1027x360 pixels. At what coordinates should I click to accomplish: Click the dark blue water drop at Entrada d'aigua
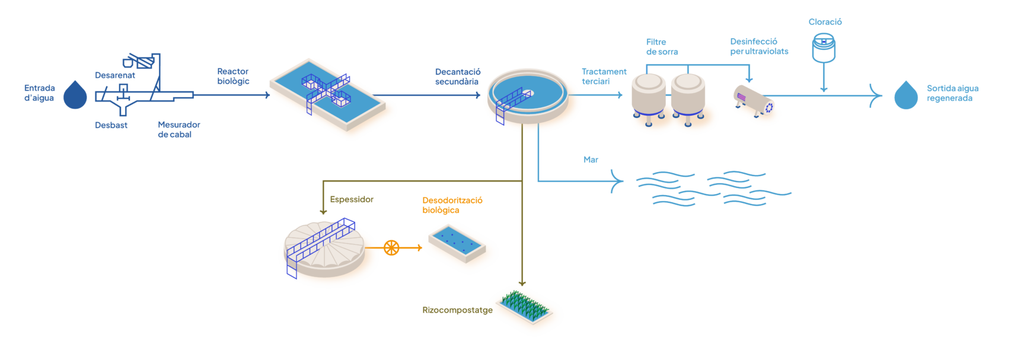coord(75,95)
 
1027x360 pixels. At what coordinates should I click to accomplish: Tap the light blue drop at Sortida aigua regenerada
coord(905,95)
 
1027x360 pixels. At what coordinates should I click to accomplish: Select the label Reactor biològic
coord(233,76)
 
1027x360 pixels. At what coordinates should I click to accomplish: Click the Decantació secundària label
coord(457,77)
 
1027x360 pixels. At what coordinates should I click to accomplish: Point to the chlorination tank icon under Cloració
coord(824,48)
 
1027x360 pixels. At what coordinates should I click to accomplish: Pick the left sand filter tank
coord(648,98)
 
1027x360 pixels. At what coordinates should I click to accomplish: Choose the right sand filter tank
coord(688,98)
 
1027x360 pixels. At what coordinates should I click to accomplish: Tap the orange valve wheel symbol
coord(391,248)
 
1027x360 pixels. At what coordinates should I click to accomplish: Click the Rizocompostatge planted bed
coord(525,307)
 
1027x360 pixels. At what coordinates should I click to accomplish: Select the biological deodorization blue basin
coord(457,243)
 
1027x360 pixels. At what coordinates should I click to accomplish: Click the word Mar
coord(591,160)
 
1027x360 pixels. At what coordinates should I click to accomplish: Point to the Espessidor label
coord(352,199)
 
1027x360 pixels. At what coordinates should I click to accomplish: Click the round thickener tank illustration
coord(324,249)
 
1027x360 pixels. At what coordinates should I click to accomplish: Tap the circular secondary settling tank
coord(527,96)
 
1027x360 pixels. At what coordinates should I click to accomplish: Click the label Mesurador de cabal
coord(179,129)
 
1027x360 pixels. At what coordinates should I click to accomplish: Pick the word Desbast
coord(111,125)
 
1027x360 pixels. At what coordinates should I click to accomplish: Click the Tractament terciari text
coord(604,77)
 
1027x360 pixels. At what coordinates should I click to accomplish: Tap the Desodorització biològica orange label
coord(452,205)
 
